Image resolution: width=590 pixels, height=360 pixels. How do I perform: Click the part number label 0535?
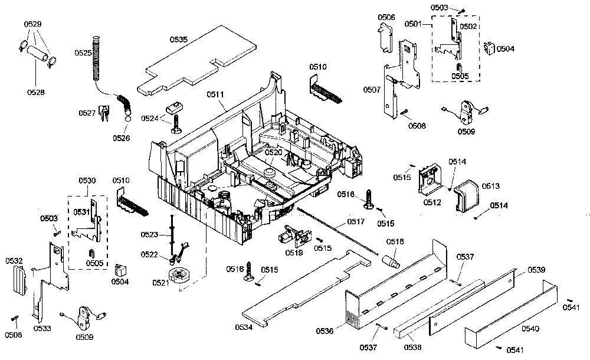pos(178,40)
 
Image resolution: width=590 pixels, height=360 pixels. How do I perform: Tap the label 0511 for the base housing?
pos(215,94)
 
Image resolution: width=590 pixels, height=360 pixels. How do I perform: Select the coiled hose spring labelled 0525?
pos(96,58)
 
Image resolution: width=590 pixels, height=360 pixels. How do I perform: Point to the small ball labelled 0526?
pos(128,119)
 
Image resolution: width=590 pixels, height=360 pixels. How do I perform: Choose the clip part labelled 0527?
pos(104,113)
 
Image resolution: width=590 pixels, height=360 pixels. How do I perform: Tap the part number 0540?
pos(530,329)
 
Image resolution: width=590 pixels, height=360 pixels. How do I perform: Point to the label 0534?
pos(244,327)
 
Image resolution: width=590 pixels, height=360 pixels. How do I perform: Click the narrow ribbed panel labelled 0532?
pos(19,280)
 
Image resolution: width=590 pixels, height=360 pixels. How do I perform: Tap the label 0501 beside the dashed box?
pos(413,24)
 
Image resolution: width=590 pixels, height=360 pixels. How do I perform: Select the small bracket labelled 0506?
pos(385,38)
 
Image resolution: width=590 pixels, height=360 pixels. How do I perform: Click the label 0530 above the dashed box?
pos(87,181)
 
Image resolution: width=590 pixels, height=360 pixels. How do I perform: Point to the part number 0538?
pos(412,347)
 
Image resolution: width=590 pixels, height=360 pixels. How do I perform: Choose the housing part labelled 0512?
pos(429,179)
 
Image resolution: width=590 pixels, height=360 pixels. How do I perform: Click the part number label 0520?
pos(273,152)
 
